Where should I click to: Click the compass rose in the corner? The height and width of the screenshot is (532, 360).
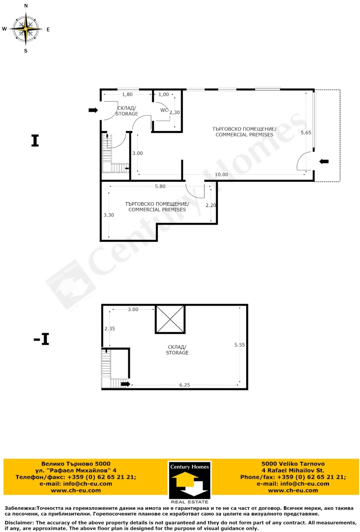coord(26,28)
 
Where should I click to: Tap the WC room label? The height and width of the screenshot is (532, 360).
coord(164,110)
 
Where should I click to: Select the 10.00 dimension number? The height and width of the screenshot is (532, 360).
coord(221,174)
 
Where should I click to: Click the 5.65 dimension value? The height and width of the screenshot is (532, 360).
coord(306,133)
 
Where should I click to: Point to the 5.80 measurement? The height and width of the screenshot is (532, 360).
coord(160,186)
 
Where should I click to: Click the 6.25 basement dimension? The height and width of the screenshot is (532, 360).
coord(184,385)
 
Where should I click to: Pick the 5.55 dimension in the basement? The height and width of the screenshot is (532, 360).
coord(239,345)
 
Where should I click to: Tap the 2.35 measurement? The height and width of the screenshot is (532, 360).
coord(110,329)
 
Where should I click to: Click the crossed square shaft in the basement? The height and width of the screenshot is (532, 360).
coord(170,319)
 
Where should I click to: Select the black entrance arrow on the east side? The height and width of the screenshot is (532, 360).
coord(324,162)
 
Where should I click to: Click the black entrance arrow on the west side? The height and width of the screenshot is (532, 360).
coord(93,110)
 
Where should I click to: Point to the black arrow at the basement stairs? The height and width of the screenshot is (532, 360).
coord(126,384)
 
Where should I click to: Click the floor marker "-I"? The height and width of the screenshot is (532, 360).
coord(41,339)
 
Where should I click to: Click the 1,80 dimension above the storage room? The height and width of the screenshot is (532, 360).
coord(127,95)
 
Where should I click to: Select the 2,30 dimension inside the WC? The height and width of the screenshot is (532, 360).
coord(175,113)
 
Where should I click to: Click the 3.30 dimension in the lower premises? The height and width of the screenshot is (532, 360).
coord(108,215)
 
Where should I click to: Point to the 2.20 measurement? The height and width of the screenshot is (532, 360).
coord(211,205)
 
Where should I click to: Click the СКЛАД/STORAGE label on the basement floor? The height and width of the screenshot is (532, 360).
coord(177,350)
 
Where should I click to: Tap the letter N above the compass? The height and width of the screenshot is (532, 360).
coord(26,6)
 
